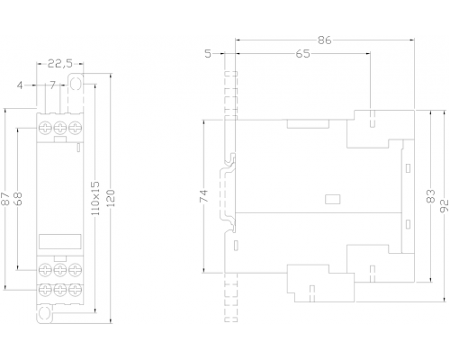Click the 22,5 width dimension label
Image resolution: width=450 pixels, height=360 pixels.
[x=60, y=64]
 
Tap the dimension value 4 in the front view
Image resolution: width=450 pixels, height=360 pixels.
[x=20, y=85]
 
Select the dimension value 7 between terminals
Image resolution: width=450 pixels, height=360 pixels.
[x=53, y=85]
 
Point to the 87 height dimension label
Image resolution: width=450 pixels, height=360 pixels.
[x=5, y=199]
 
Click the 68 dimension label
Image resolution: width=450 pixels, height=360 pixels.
[x=18, y=199]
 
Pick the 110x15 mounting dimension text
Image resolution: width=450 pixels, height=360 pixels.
[x=94, y=198]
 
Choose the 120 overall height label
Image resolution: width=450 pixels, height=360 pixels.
[x=111, y=198]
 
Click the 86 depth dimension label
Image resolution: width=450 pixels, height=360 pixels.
[x=324, y=40]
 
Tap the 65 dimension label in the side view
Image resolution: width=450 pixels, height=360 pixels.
[x=302, y=54]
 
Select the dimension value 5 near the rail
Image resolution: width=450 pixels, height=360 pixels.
[x=208, y=54]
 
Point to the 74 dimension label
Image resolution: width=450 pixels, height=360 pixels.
[x=203, y=196]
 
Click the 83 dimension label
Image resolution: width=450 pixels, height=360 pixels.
[x=431, y=196]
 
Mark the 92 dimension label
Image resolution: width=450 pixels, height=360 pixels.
[x=445, y=206]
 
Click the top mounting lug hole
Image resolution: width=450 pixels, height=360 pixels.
[x=76, y=84]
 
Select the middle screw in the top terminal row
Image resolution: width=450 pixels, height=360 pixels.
[x=60, y=128]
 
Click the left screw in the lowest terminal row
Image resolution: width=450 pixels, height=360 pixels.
[x=45, y=290]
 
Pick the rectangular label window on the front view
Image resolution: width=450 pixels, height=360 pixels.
[x=60, y=241]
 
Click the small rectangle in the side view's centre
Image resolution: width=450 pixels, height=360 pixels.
[x=333, y=199]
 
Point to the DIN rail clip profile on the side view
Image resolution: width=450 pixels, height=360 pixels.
[x=228, y=193]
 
